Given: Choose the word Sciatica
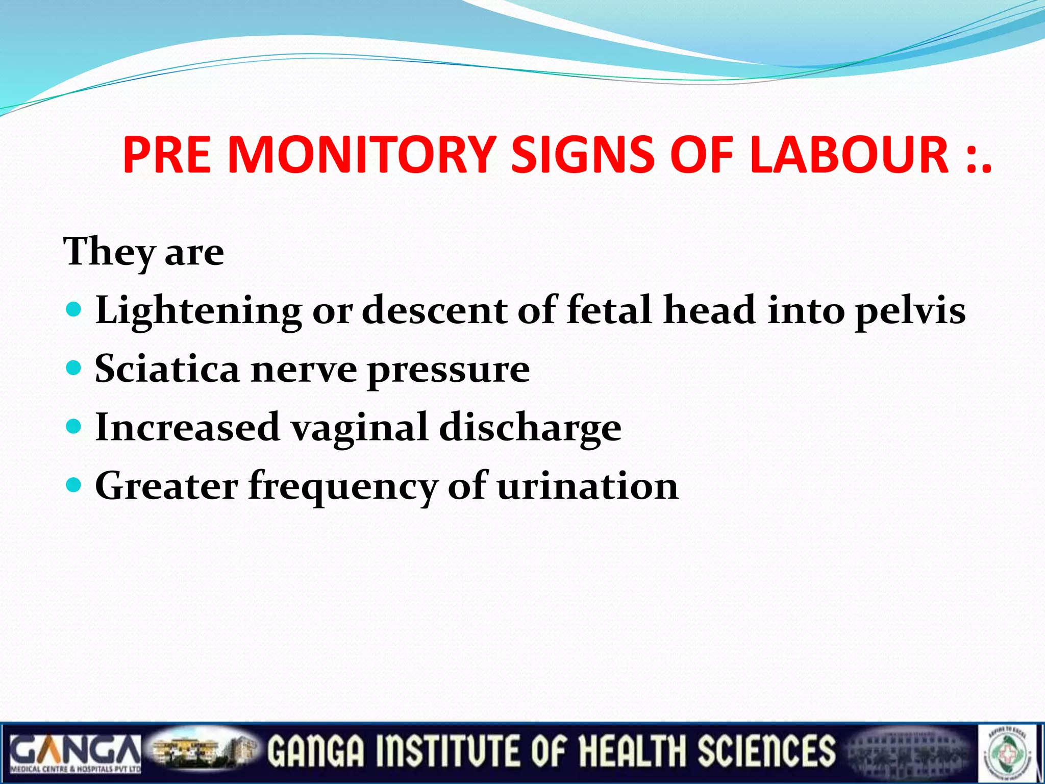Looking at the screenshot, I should pyautogui.click(x=167, y=369).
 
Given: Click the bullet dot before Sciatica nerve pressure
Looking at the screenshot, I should pyautogui.click(x=74, y=367).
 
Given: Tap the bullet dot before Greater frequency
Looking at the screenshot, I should pyautogui.click(x=74, y=484).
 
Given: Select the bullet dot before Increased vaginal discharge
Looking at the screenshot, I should pyautogui.click(x=74, y=426).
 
